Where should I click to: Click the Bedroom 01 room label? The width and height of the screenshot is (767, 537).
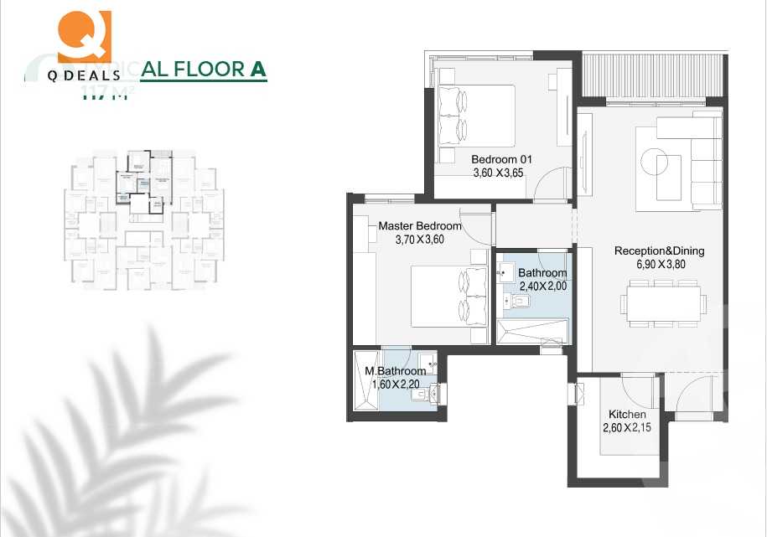point(501,159)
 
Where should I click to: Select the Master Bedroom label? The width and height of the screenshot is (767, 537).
point(420,226)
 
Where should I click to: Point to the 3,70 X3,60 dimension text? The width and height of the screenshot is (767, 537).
point(420,240)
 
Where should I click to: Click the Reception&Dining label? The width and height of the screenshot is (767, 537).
point(659,250)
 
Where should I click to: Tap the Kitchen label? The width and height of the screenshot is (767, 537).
point(627,415)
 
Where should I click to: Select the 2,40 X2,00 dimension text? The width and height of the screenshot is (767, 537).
point(542,286)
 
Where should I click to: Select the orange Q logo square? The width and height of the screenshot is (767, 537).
point(83,30)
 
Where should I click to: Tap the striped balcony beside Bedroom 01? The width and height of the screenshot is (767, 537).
point(651,80)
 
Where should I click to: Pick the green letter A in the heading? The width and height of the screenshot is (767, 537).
point(258,69)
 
